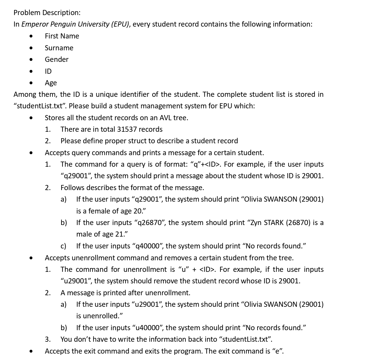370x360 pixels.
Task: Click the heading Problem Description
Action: point(47,13)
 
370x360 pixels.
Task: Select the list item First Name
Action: point(62,36)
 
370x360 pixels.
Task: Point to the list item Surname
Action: point(59,48)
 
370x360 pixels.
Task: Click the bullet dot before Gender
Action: point(31,60)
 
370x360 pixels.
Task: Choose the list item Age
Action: point(51,83)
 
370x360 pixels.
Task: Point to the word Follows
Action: point(72,188)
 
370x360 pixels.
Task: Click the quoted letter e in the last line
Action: point(277,351)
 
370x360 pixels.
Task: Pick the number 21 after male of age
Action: point(119,234)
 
